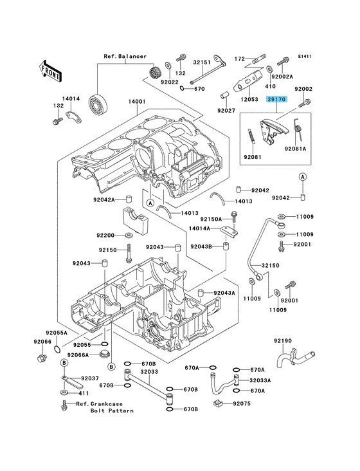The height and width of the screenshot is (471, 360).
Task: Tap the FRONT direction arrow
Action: pyautogui.click(x=51, y=68)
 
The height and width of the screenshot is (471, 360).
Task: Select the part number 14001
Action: pyautogui.click(x=136, y=102)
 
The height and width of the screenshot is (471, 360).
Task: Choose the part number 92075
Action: pyautogui.click(x=242, y=404)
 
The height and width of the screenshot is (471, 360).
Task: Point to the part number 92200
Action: pyautogui.click(x=106, y=235)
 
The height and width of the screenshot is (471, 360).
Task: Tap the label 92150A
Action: pyautogui.click(x=211, y=219)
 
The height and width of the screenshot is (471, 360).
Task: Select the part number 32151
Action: pyautogui.click(x=203, y=63)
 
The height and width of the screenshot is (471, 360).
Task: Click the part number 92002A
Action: pyautogui.click(x=301, y=77)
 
